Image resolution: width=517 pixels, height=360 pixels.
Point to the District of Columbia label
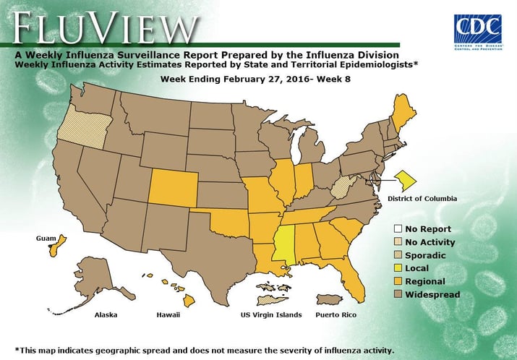coord(422,198)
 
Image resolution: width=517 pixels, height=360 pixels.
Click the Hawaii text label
coord(168,316)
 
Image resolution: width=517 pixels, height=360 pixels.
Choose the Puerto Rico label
coord(335,316)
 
